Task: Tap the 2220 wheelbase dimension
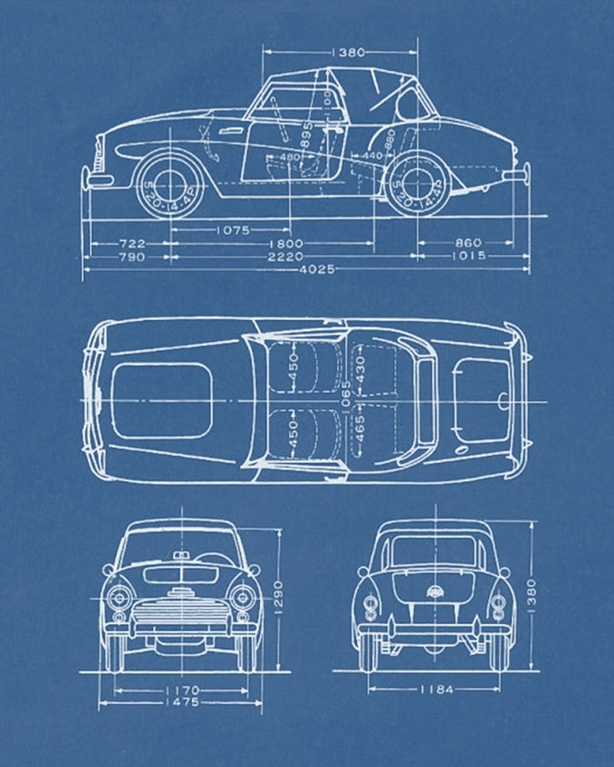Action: click(x=285, y=257)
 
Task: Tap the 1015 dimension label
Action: click(x=468, y=257)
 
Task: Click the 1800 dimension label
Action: click(x=284, y=243)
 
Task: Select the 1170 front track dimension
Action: click(x=181, y=690)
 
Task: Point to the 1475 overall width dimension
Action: click(x=181, y=703)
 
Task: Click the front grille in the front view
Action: click(x=181, y=615)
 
